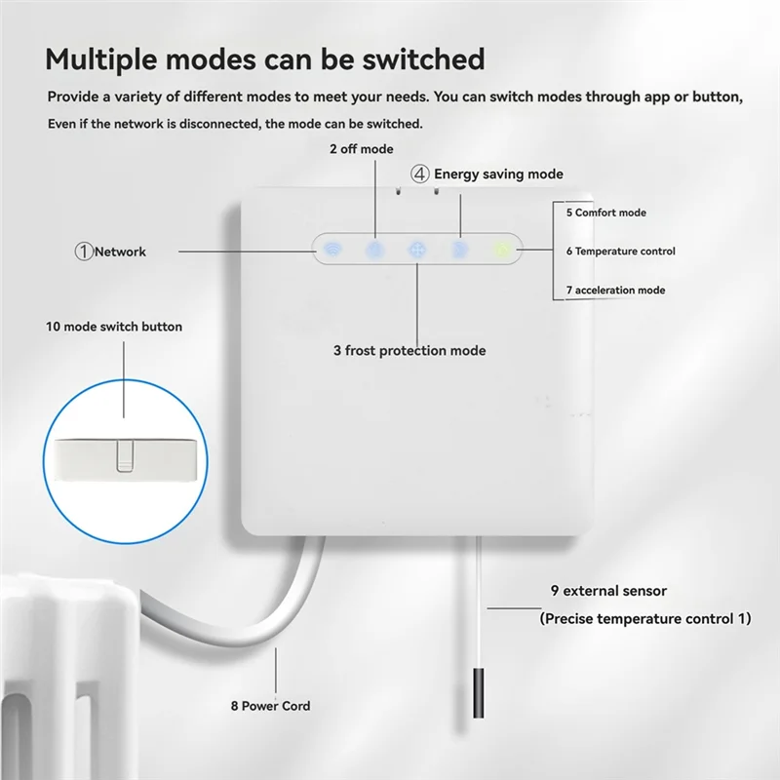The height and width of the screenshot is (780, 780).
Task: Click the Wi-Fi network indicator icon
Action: tap(332, 249)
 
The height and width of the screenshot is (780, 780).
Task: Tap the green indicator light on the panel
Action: tap(502, 250)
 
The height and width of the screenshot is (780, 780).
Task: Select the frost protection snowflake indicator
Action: tap(417, 249)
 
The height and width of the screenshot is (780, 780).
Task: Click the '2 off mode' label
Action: tap(362, 149)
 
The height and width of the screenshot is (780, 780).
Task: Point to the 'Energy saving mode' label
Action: tap(498, 174)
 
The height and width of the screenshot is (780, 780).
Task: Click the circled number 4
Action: tap(420, 175)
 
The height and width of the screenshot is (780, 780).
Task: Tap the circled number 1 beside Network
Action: tap(84, 252)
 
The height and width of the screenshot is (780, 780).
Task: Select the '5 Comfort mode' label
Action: tap(605, 213)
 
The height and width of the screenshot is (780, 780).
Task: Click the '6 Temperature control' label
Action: tap(620, 252)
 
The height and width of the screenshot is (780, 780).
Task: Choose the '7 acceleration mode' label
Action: tap(615, 290)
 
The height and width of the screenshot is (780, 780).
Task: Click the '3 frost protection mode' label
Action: tap(409, 351)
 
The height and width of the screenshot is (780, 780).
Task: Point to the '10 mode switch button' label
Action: tap(114, 327)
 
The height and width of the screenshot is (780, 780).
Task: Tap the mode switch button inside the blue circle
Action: tap(125, 455)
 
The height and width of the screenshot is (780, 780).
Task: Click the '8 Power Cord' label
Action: tap(271, 705)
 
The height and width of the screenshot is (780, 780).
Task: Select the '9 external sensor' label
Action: tap(608, 591)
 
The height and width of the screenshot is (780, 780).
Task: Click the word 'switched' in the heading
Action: tap(423, 59)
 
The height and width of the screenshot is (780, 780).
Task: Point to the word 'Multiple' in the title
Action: tap(101, 60)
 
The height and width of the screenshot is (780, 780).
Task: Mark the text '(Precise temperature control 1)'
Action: tap(645, 618)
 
